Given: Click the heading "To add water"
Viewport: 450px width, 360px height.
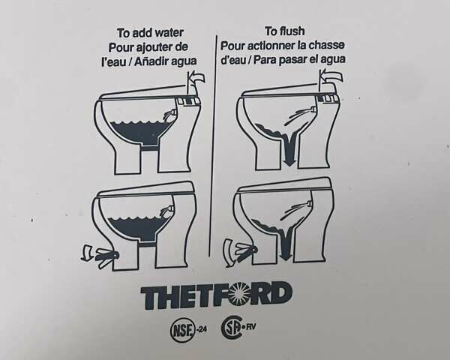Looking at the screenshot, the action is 150,32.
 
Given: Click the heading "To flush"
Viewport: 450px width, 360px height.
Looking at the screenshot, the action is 285,31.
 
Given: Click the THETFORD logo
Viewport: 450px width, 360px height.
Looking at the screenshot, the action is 217,295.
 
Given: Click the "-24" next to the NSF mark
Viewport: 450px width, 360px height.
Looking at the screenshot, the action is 202,329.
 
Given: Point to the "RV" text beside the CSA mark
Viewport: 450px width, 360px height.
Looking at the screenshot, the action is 251,326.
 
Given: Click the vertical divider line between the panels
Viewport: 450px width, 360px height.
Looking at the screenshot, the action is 213,145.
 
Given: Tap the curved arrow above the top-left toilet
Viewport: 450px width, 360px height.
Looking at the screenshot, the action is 196,78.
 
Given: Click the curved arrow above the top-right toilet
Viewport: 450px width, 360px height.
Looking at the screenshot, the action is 331,76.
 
